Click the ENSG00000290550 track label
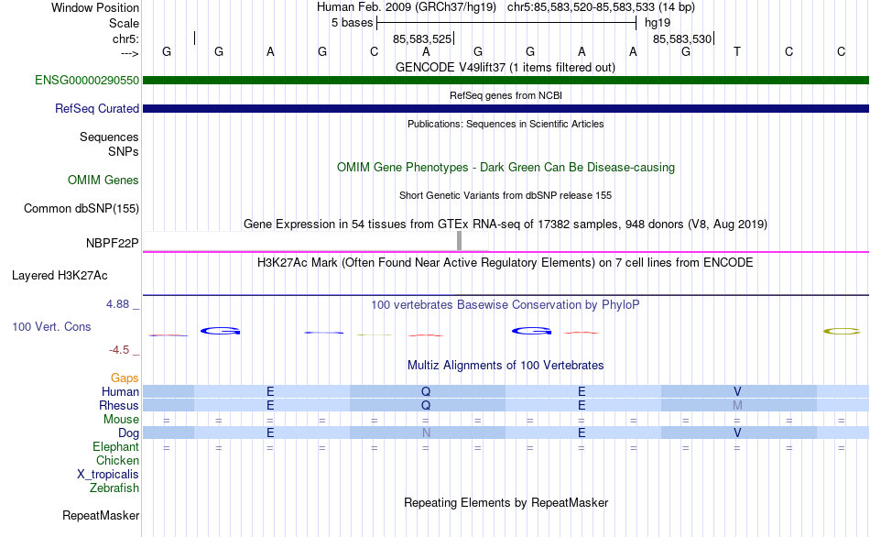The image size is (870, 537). click(87, 80)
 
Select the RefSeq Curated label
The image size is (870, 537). click(97, 108)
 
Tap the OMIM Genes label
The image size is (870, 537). click(103, 180)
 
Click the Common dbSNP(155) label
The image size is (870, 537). click(81, 208)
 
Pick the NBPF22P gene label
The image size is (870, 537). click(112, 243)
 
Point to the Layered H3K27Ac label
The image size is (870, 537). click(60, 276)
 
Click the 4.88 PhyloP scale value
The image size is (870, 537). click(117, 304)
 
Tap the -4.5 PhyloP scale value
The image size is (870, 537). click(119, 350)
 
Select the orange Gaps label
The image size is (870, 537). click(125, 378)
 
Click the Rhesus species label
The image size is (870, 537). click(119, 405)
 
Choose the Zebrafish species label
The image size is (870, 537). click(114, 488)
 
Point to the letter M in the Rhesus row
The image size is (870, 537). click(737, 405)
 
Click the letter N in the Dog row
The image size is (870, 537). click(426, 433)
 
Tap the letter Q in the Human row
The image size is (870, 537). click(426, 391)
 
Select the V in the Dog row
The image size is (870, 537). click(737, 433)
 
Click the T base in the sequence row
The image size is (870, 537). click(737, 51)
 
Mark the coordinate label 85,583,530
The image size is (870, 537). click(682, 38)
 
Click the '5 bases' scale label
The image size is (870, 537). click(353, 23)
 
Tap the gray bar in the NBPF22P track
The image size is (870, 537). click(459, 240)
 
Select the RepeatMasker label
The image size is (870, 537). click(101, 515)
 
